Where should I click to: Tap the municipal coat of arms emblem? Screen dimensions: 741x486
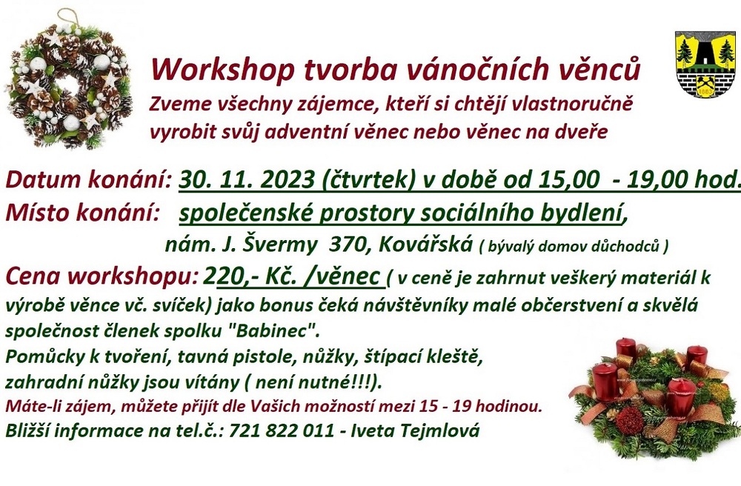[x=706, y=64]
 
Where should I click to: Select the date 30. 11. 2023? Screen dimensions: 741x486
[x=247, y=179]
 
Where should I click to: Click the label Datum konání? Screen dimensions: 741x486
[x=89, y=179]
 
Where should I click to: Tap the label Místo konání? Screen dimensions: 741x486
[x=82, y=213]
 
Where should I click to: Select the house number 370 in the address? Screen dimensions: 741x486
[x=347, y=244]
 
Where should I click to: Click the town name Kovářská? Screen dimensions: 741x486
[x=425, y=244]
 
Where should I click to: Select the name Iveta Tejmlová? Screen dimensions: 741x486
[x=414, y=430]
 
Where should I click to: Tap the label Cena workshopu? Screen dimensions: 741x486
[x=102, y=277]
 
